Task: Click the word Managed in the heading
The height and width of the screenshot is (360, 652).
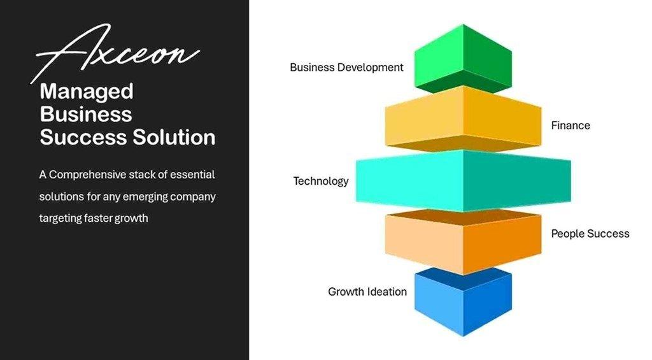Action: tap(87, 92)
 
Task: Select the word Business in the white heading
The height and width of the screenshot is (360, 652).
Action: tap(86, 114)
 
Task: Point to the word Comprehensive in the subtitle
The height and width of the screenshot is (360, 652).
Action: tap(88, 175)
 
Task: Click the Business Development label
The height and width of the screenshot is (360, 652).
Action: tap(346, 68)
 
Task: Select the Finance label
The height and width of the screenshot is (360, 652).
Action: tap(570, 126)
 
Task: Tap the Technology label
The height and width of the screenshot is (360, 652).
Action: tap(321, 182)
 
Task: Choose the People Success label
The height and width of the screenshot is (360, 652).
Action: tap(590, 234)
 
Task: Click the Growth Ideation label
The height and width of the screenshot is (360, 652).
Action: tap(367, 292)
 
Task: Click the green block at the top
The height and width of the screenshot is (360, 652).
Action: tap(463, 58)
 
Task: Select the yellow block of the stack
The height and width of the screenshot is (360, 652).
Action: tap(463, 119)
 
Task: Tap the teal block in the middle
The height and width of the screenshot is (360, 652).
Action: tap(463, 180)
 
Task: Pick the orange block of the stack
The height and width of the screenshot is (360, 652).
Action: tap(463, 242)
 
